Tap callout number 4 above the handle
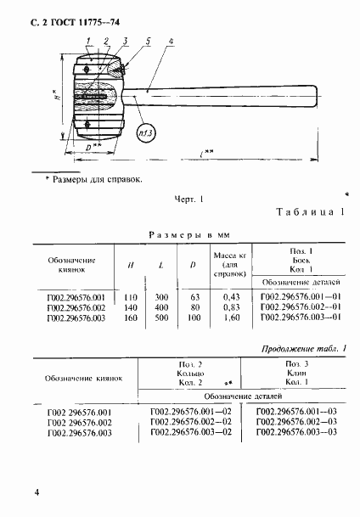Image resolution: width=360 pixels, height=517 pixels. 172,41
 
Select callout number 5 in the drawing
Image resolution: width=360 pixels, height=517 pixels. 147,40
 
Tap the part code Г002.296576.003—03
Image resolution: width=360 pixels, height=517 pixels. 297,432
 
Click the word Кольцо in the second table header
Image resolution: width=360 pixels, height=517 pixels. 190,374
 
